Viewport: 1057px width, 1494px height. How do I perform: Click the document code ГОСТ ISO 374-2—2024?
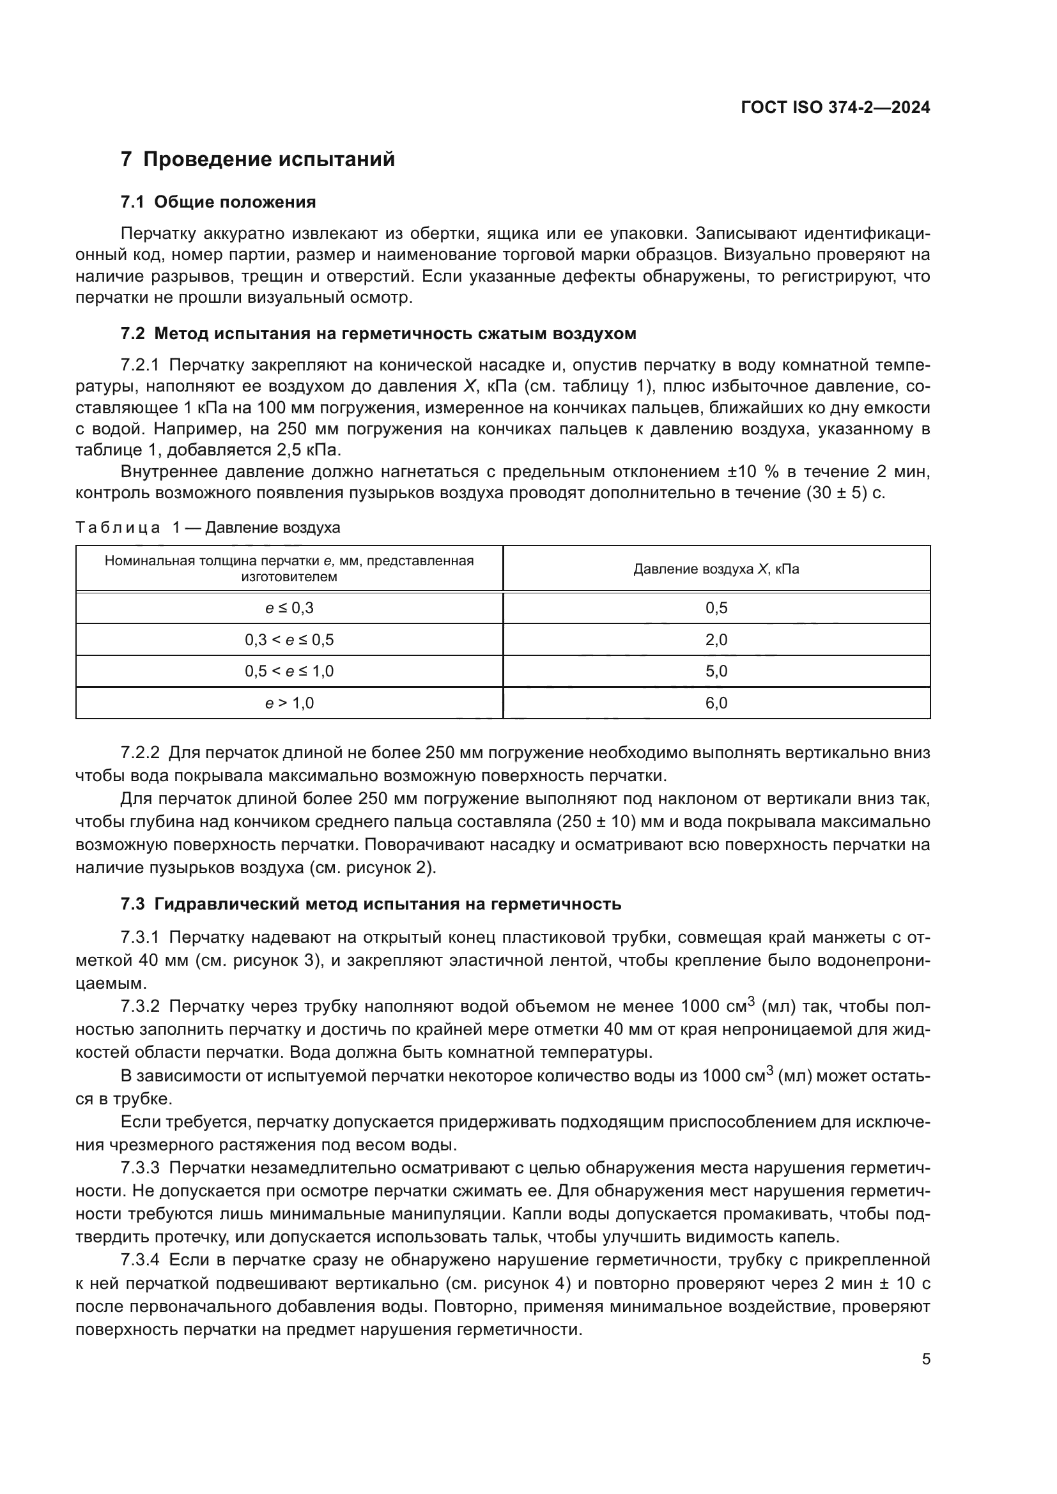click(835, 108)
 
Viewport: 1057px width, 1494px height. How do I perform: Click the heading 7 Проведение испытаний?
click(258, 160)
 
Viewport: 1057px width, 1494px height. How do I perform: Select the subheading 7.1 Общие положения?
click(218, 202)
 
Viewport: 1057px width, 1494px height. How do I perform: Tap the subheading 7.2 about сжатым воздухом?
click(378, 334)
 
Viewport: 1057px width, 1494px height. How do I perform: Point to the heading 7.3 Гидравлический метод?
click(371, 904)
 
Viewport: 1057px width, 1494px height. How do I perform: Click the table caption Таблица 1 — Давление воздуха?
click(208, 528)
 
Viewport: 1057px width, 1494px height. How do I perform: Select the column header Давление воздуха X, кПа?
click(716, 569)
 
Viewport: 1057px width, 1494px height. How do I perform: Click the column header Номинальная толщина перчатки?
click(289, 568)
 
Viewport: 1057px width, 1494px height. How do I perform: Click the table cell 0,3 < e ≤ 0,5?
click(289, 640)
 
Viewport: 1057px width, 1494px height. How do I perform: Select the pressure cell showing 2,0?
click(716, 640)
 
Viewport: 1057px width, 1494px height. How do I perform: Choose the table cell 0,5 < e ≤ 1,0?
click(289, 671)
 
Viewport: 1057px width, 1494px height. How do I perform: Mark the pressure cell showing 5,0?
click(716, 671)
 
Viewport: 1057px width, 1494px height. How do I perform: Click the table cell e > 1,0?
click(289, 703)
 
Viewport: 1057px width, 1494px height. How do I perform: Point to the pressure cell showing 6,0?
click(716, 703)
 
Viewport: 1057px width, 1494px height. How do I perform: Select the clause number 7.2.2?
click(140, 754)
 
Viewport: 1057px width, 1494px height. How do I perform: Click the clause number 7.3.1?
click(140, 938)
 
